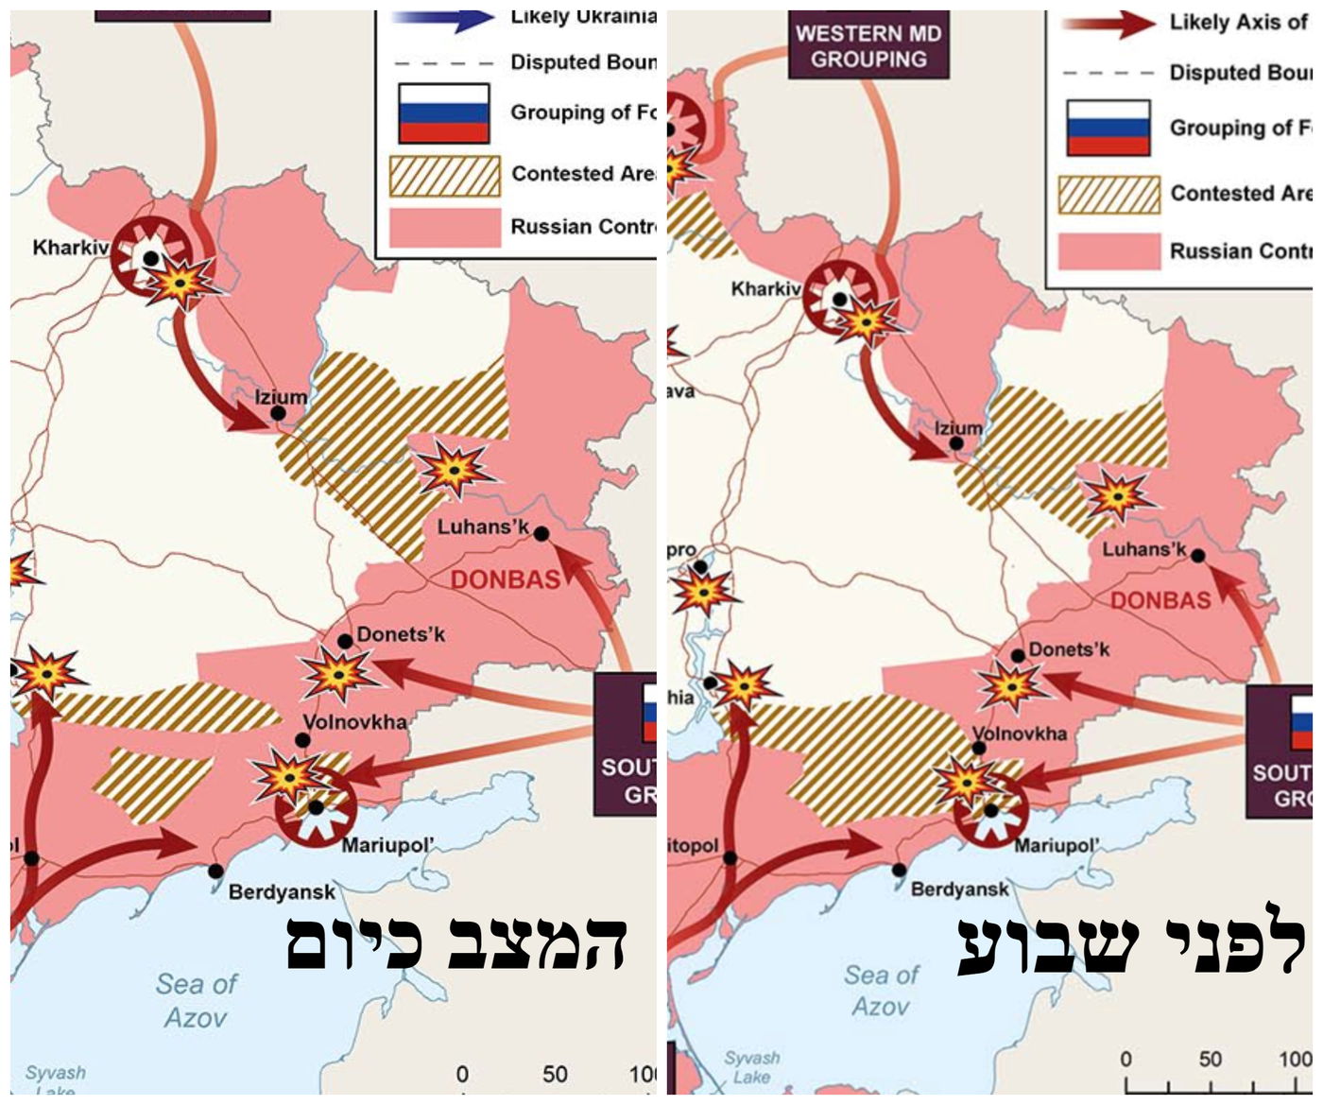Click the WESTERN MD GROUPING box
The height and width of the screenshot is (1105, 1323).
pos(868,45)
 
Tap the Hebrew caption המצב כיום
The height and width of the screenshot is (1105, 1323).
pos(456,943)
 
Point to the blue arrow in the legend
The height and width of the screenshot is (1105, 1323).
pos(444,18)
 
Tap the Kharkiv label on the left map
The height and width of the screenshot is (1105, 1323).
pos(71,248)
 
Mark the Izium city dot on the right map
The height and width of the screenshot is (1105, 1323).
pos(957,443)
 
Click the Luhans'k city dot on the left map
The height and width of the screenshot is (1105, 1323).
pos(541,534)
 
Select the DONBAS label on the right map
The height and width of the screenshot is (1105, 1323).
pos(1160,600)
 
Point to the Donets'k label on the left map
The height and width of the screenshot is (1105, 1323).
pos(401,634)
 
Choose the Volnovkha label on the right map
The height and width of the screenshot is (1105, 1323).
pos(1020,734)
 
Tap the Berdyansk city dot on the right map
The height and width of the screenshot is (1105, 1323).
pos(900,871)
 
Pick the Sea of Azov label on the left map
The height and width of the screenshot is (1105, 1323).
pos(197,1000)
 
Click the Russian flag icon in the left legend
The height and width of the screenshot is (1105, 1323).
pos(443,112)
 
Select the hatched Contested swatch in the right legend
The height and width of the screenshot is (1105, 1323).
pos(1108,194)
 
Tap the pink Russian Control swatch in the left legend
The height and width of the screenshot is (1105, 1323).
pos(444,228)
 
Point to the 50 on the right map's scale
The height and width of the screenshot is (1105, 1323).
pos(1211,1059)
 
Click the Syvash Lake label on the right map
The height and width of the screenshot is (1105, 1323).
pos(752,1067)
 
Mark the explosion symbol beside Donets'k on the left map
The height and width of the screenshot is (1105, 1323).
pos(336,674)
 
